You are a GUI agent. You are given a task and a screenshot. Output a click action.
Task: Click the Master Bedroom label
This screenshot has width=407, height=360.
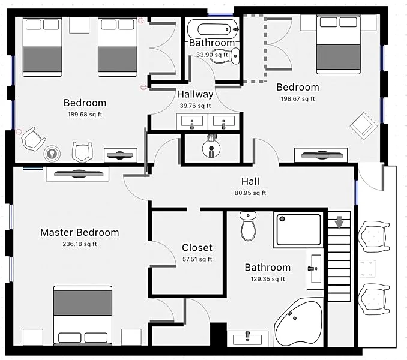pyautogui.click(x=80, y=232)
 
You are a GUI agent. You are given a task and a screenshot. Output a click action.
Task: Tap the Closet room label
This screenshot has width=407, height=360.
pyautogui.click(x=197, y=247)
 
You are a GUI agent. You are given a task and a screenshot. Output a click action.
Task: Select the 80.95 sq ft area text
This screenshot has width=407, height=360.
pyautogui.click(x=250, y=193)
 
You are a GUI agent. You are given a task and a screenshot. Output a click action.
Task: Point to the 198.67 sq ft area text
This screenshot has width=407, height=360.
pyautogui.click(x=298, y=99)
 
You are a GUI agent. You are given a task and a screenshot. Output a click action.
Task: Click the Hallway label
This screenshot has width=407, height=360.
pyautogui.click(x=195, y=94)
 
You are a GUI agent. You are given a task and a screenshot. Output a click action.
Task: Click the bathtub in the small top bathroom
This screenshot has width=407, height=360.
pyautogui.click(x=213, y=29)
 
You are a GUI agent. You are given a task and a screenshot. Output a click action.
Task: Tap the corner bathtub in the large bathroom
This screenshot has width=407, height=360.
pyautogui.click(x=298, y=322)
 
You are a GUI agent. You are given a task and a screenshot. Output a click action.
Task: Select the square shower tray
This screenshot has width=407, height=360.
pyautogui.click(x=298, y=230)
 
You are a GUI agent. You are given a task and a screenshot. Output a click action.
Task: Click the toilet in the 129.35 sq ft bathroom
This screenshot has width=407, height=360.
pyautogui.click(x=248, y=226)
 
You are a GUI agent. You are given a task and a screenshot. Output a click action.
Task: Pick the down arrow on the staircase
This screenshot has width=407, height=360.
pyautogui.click(x=339, y=223)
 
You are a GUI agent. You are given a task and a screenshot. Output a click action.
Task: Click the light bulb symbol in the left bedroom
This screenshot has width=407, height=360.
pyautogui.click(x=52, y=154)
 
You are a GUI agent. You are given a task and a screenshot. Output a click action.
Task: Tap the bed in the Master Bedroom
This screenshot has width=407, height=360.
pyautogui.click(x=83, y=315)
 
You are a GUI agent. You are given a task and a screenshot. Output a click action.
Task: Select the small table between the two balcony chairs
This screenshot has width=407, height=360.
pyautogui.click(x=367, y=268)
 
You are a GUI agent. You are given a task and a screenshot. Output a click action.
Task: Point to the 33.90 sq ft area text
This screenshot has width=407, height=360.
pyautogui.click(x=212, y=55)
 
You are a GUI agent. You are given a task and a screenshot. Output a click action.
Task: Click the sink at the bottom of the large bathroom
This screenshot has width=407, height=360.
pyautogui.click(x=247, y=338)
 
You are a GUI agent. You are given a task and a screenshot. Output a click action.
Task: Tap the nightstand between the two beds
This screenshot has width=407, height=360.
pyautogui.click(x=79, y=25)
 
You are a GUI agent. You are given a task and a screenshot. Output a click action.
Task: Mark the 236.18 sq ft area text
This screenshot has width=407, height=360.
pyautogui.click(x=80, y=244)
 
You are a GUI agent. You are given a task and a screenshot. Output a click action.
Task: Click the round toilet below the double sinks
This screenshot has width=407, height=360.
pyautogui.click(x=211, y=147)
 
